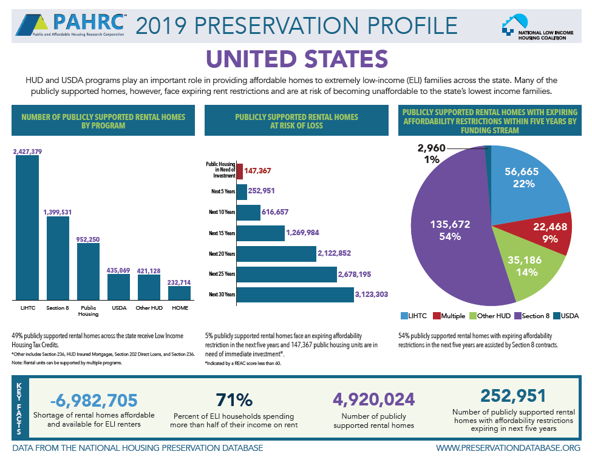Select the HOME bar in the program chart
tap(179, 293)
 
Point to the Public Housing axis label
tap(88, 311)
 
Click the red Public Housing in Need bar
tap(239, 172)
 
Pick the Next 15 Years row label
tap(222, 233)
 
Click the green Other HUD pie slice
tap(522, 267)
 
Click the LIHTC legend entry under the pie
tap(415, 316)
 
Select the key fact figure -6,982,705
tap(94, 400)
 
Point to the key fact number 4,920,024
tap(373, 399)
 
